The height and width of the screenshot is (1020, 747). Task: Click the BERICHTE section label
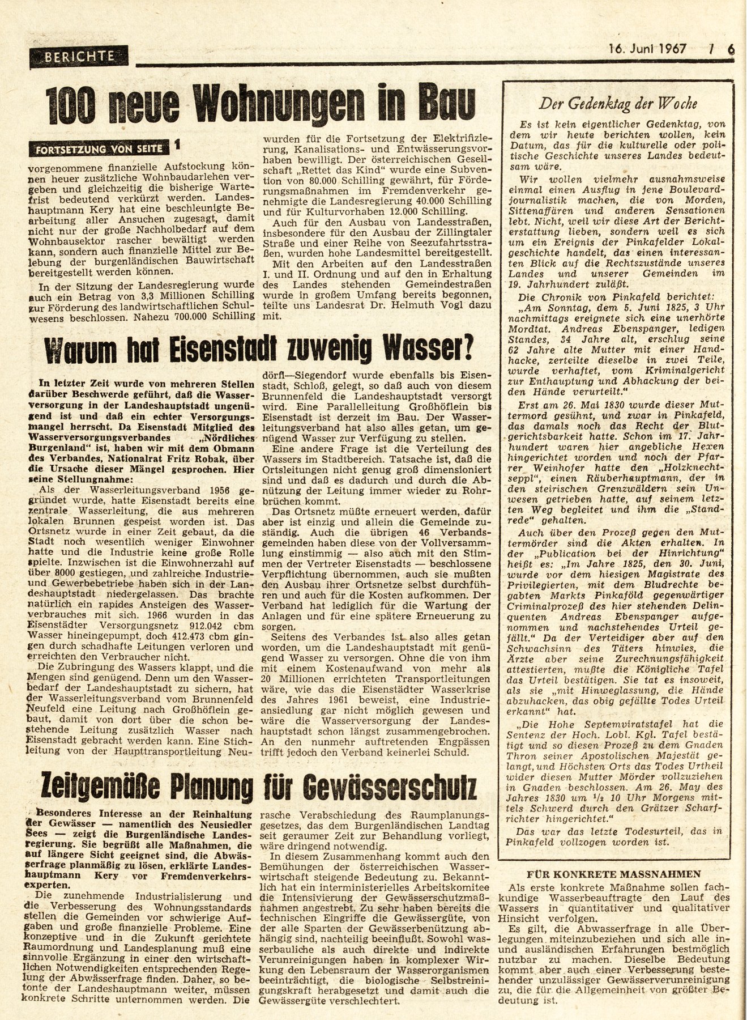click(x=79, y=56)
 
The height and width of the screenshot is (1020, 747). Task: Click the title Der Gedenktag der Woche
click(x=617, y=103)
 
